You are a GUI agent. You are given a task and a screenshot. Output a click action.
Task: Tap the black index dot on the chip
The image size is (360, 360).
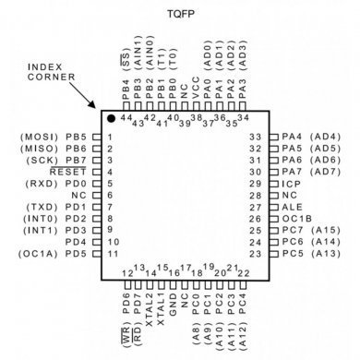pyautogui.click(x=110, y=118)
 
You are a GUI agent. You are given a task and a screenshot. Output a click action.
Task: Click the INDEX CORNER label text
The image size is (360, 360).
pyautogui.click(x=48, y=73)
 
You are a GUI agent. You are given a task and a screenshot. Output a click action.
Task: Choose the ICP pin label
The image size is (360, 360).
pyautogui.click(x=291, y=183)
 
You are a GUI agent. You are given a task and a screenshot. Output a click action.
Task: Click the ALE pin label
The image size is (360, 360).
pyautogui.click(x=292, y=207)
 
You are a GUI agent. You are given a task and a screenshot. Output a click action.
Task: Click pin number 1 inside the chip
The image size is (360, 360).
pyautogui.click(x=110, y=137)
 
